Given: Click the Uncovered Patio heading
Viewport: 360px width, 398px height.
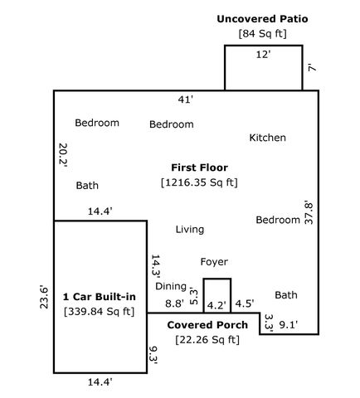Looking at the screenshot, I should tap(264, 18).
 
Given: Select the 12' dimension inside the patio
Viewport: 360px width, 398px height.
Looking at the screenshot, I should tap(264, 54).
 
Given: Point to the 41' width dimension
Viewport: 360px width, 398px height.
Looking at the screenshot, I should tap(186, 99).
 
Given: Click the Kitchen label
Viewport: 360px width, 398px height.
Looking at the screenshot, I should tap(267, 138).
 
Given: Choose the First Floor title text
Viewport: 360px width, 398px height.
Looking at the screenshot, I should tap(199, 167).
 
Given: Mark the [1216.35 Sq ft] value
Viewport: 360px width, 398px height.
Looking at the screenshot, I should tap(199, 182).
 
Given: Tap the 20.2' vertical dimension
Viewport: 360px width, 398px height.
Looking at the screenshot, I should tap(63, 155).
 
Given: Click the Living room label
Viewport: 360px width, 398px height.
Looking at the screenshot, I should tap(190, 229).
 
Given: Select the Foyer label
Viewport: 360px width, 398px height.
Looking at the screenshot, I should tap(214, 261).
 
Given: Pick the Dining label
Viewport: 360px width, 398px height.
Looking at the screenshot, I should tap(171, 286).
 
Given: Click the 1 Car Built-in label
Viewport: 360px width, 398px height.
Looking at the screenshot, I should tap(100, 296).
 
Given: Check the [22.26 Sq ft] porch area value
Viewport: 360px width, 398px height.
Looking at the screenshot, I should tap(207, 339).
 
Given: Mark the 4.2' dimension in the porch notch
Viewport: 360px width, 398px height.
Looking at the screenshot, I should tap(216, 304).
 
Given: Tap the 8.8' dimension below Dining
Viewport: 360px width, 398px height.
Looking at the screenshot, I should tap(174, 304).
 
